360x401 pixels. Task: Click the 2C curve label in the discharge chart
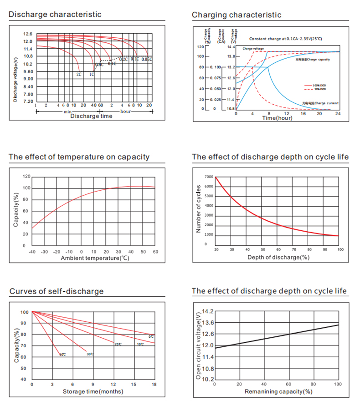click(x=79, y=74)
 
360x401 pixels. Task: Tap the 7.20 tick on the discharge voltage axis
click(x=28, y=101)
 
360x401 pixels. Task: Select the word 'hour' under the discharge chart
click(x=126, y=111)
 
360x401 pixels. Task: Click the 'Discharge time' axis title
click(x=91, y=116)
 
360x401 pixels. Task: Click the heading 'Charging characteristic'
click(x=237, y=15)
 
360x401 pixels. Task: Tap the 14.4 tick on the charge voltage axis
click(x=231, y=47)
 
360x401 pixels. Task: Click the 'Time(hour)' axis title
click(x=277, y=118)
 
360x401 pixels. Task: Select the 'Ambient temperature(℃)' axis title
click(x=93, y=258)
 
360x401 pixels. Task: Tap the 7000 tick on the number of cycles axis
click(x=209, y=177)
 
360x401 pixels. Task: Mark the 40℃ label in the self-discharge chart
click(x=63, y=354)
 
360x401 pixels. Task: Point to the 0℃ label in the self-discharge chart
click(x=151, y=336)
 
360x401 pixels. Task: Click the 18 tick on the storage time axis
click(x=154, y=385)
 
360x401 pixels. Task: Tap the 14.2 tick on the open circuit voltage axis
click(x=207, y=311)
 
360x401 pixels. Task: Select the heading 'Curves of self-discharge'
click(x=57, y=291)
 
